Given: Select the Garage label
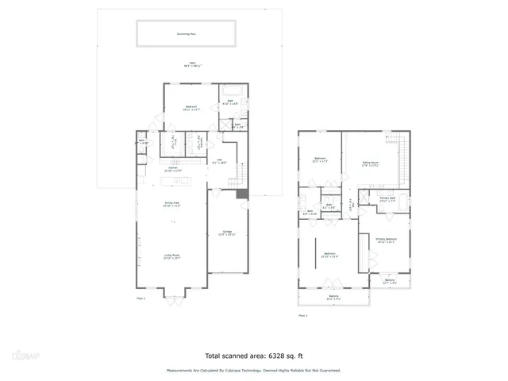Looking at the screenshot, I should (226, 233).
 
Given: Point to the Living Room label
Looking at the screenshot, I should (172, 256).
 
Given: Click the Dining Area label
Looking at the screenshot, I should (172, 205).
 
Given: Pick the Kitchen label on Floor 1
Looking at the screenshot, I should (172, 169).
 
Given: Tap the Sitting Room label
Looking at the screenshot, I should (371, 164).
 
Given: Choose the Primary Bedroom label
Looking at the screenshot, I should (386, 239).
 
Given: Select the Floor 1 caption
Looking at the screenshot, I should (140, 298).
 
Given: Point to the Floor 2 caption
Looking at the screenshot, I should (302, 315).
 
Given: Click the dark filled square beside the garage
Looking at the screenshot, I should (242, 194).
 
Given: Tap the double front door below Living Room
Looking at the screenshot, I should (172, 296).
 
